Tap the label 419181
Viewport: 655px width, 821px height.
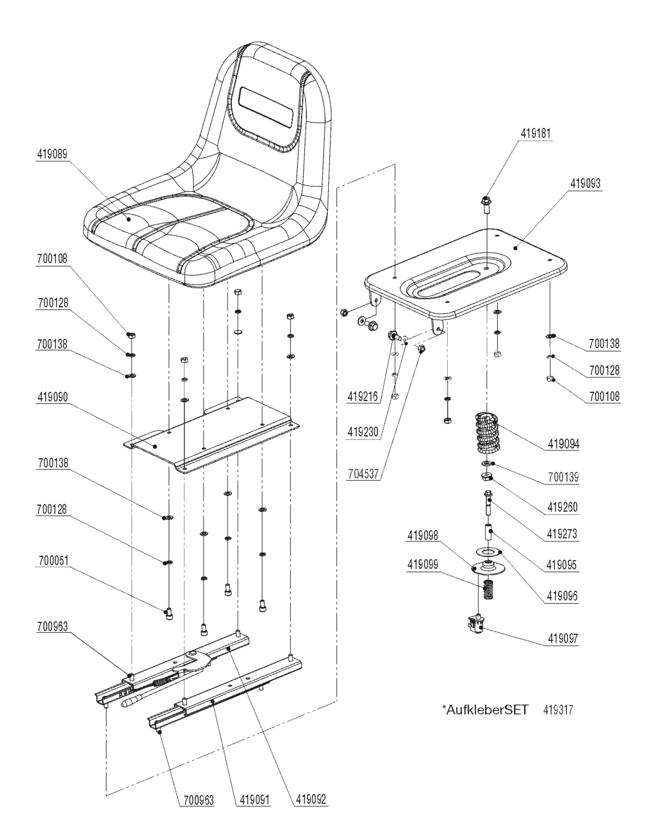[535, 134]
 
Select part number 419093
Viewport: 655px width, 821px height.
[585, 184]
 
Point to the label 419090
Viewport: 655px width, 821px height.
[53, 397]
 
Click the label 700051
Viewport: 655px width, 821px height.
[53, 561]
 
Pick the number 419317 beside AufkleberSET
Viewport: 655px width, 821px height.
[558, 710]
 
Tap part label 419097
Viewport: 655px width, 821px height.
[563, 639]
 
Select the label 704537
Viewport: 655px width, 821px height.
[363, 474]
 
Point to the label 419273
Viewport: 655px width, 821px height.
[562, 534]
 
